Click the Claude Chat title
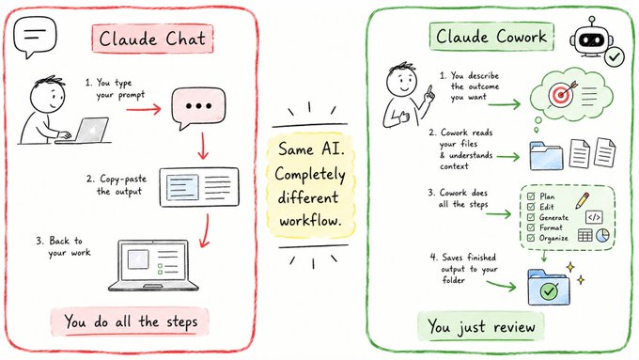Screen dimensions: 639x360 [x=152, y=39]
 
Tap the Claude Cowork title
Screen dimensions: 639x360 [x=491, y=37]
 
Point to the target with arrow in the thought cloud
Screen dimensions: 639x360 [x=562, y=94]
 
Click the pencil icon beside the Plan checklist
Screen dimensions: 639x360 [x=583, y=200]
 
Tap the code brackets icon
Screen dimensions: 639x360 [x=594, y=217]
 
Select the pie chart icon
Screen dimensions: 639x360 [x=602, y=235]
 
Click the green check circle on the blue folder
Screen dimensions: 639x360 [x=549, y=290]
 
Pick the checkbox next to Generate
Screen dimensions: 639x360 [x=531, y=217]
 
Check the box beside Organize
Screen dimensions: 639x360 [x=531, y=238]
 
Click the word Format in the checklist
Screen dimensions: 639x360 [x=551, y=227]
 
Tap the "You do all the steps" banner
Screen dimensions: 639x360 [x=131, y=321]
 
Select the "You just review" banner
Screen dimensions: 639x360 [x=481, y=326]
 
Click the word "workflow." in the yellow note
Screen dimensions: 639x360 [x=310, y=221]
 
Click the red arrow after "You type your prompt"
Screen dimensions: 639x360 [x=144, y=109]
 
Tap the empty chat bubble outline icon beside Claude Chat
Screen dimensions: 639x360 [x=35, y=37]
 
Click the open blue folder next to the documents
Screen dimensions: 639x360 [x=547, y=156]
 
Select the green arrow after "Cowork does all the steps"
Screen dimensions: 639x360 [x=498, y=213]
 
